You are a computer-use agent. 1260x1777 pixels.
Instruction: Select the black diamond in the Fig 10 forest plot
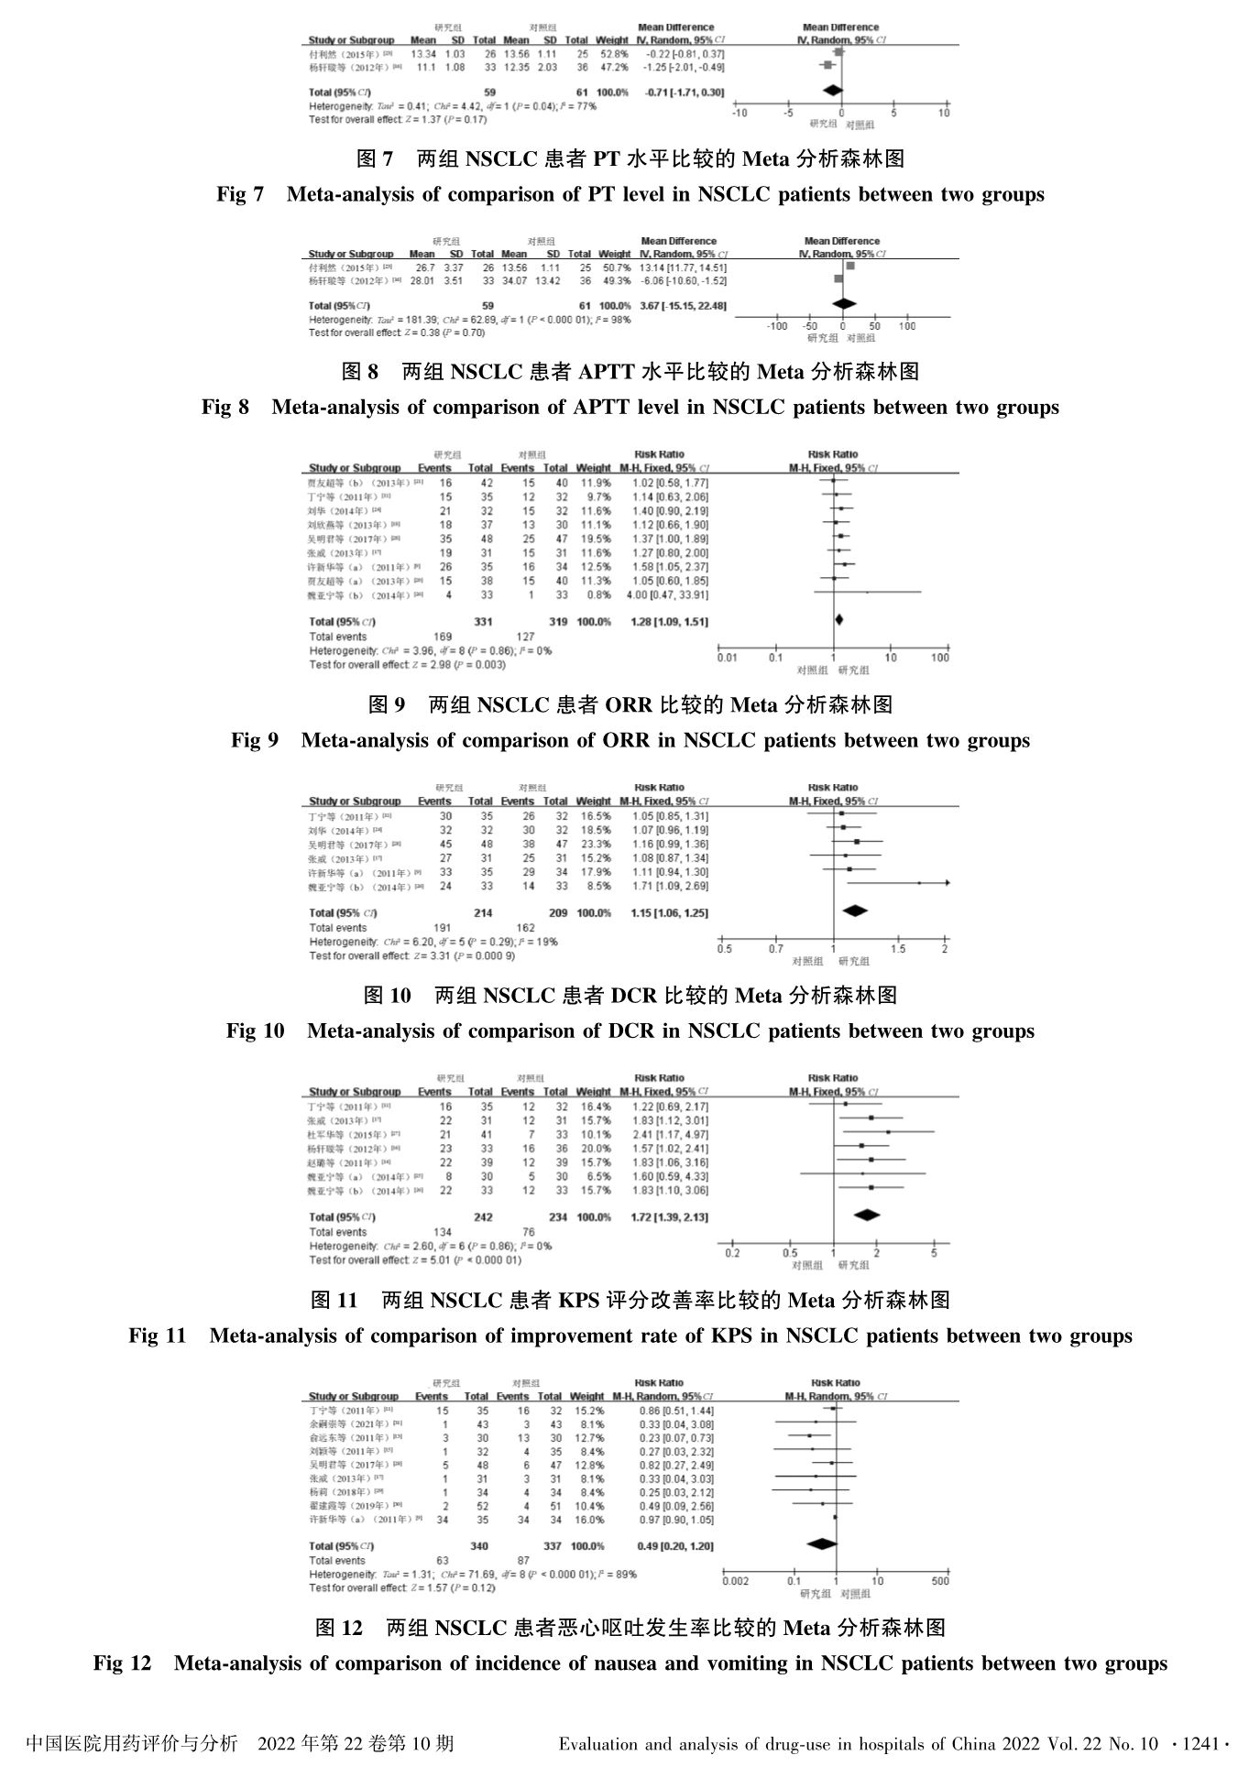[855, 910]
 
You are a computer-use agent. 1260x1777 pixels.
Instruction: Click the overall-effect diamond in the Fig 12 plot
[822, 1543]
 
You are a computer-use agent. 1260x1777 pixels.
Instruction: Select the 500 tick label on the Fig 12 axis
[940, 1581]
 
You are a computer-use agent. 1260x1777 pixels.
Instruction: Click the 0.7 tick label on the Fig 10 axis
[776, 949]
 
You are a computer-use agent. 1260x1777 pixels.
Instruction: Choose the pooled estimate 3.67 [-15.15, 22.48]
[683, 305]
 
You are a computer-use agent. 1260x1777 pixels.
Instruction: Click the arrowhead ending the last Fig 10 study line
[947, 883]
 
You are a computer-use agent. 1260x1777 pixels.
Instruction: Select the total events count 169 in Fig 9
[443, 637]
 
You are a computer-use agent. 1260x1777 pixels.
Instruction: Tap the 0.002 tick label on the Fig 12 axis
[735, 1581]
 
